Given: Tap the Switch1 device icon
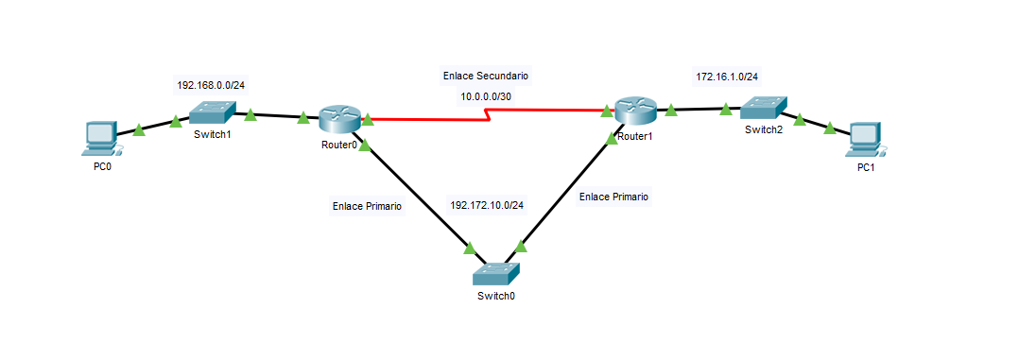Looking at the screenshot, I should click(212, 113).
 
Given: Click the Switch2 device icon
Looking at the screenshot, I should click(762, 109).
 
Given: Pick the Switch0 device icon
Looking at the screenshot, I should click(496, 275).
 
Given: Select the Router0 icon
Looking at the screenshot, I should click(338, 119).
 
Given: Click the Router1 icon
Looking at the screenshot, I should click(633, 111).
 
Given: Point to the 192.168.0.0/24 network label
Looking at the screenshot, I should click(211, 85).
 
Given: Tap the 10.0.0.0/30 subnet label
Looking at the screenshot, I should click(486, 96).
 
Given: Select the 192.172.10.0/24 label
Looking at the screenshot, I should click(487, 204).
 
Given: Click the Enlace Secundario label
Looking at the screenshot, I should click(486, 75).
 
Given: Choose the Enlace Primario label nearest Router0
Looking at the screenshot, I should click(367, 205).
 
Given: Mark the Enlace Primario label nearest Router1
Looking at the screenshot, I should click(613, 197).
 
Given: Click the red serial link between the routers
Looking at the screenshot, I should click(425, 120).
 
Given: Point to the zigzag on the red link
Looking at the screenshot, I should click(488, 114).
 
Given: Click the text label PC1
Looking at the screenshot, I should click(866, 167).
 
